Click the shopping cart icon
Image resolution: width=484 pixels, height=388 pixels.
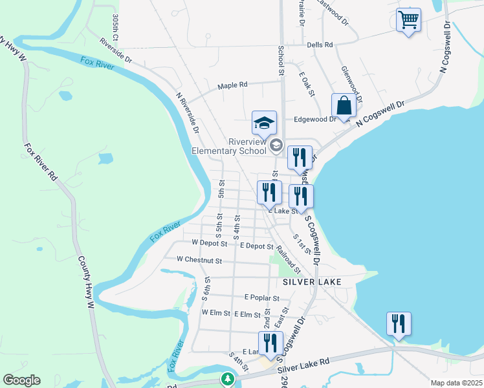408,20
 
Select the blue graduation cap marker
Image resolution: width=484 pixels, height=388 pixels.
264,123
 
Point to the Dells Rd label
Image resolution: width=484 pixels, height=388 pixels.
320,45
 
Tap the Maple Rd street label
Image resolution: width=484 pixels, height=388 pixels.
232,85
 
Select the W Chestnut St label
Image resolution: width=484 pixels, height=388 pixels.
199,261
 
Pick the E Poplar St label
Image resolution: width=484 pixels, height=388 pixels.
261,298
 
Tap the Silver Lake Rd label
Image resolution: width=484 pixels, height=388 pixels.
304,367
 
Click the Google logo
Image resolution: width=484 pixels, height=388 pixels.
21,380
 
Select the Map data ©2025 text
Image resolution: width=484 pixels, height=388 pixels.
456,383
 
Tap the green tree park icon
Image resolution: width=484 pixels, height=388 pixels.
226,378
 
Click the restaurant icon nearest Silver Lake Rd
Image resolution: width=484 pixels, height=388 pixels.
270,343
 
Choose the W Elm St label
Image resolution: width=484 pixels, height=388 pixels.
216,312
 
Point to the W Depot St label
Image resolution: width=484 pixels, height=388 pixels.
210,244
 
